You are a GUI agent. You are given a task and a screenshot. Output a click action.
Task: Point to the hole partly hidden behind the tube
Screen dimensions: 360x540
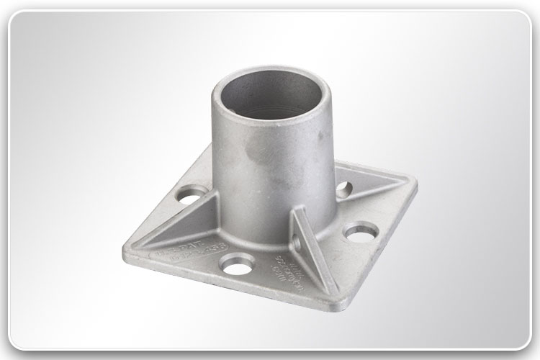[x=344, y=189]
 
